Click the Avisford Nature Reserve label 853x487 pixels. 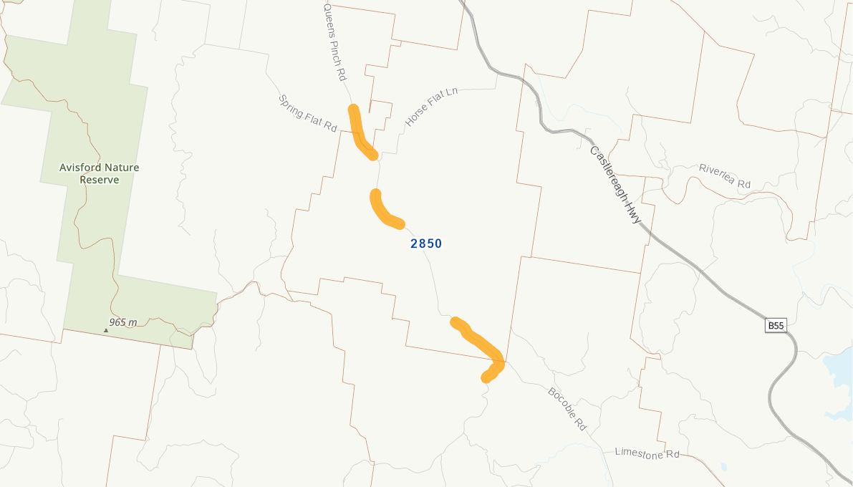tap(100, 173)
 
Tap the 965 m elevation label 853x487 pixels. tap(123, 322)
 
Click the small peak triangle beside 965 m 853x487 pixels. tap(106, 330)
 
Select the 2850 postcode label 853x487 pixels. tap(426, 243)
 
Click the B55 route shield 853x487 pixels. tap(776, 326)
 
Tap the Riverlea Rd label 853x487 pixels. tap(724, 175)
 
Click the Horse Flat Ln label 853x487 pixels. tap(431, 107)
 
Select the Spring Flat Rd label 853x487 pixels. tap(307, 113)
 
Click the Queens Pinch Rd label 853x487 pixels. tap(334, 40)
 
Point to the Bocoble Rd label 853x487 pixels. tap(567, 409)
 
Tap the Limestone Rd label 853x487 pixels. tap(647, 453)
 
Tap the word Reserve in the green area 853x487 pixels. tap(100, 180)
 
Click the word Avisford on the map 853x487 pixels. tap(81, 168)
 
